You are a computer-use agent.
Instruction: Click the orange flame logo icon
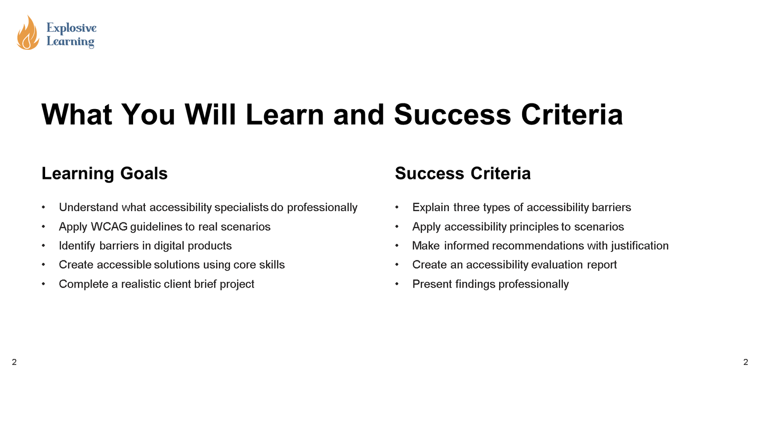[x=28, y=33]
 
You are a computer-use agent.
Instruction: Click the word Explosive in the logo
[x=71, y=28]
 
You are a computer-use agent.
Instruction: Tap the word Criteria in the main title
[x=572, y=115]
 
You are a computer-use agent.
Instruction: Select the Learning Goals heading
[x=104, y=174]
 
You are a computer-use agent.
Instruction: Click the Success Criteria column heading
[x=463, y=174]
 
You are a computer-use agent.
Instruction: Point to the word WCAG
[x=109, y=227]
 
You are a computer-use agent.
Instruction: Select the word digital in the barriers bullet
[x=169, y=246]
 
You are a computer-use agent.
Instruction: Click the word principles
[x=534, y=227]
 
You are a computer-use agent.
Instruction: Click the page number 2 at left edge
[x=14, y=362]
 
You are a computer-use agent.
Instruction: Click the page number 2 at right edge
[x=746, y=362]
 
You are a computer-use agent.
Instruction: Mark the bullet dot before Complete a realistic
[x=43, y=284]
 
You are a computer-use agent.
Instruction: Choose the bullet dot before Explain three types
[x=397, y=207]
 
